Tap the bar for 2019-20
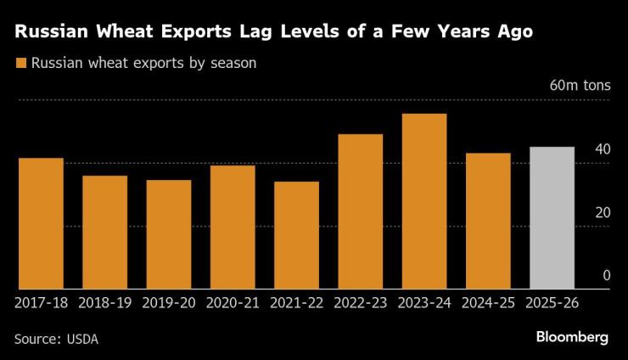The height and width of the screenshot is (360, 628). click(169, 234)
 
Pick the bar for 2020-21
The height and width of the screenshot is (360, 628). click(233, 227)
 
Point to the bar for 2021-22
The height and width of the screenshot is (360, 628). click(296, 235)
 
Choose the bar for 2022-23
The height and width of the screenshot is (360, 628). click(361, 211)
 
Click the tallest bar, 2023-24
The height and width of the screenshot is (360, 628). click(424, 201)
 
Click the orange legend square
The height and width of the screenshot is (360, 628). click(21, 63)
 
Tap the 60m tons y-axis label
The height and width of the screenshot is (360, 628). click(580, 87)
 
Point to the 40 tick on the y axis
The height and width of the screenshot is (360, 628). click(603, 149)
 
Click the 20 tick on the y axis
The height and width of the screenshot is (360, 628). click(603, 212)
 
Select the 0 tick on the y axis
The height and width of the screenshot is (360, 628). click(606, 275)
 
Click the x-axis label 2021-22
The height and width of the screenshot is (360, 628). click(296, 301)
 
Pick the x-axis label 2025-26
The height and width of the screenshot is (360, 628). click(552, 301)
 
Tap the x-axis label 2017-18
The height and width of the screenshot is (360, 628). click(41, 301)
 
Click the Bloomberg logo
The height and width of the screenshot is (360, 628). click(572, 337)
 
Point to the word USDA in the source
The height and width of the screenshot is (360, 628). click(81, 339)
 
